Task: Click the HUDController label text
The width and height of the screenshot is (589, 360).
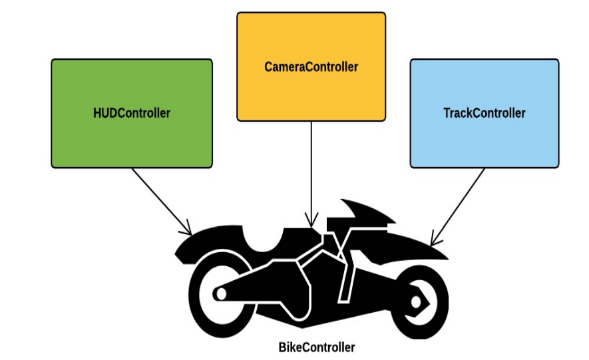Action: point(132,113)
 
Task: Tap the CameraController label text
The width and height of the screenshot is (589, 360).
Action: point(311,67)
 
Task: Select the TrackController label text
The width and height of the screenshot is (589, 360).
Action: point(484,113)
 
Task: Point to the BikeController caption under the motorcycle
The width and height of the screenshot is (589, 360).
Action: point(316,347)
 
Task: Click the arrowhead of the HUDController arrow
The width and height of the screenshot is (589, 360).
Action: point(188,231)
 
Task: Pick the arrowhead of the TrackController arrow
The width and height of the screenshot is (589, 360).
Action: point(434,240)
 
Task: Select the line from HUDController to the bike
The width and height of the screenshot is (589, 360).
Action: point(160,200)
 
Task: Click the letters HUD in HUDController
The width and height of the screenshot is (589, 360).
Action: point(104,113)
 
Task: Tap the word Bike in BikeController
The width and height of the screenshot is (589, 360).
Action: point(290,347)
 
